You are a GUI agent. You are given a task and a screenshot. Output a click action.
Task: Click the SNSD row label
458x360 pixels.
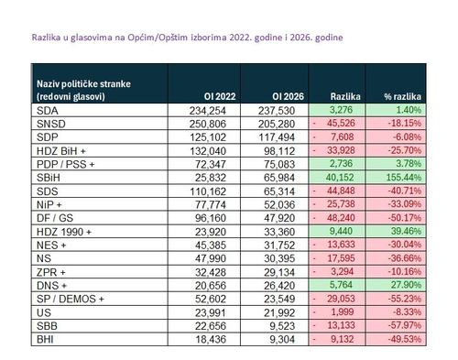coord(51,124)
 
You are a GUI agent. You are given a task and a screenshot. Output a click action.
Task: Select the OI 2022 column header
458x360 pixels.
coord(220,96)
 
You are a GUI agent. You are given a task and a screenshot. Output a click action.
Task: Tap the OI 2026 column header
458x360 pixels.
coord(289,96)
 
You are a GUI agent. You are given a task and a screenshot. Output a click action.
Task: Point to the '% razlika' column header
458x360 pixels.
coord(403,96)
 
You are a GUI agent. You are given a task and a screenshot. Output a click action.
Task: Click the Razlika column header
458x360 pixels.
coord(345,96)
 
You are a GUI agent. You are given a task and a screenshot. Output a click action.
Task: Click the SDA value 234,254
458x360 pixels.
coord(208,111)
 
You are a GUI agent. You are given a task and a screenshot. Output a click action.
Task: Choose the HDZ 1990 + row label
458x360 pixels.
coord(64,232)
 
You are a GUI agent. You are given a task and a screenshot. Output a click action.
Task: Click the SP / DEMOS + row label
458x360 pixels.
coord(71,299)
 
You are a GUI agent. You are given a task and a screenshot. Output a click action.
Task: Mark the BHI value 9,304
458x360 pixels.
coord(282,339)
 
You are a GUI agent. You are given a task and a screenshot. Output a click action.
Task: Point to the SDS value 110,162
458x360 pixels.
coord(208,191)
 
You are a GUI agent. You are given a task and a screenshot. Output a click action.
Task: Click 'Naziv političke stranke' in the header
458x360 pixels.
coord(83,84)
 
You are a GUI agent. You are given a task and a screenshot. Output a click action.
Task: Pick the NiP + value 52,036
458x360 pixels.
coord(279,204)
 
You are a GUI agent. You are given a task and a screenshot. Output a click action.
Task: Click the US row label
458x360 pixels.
coord(44,312)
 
